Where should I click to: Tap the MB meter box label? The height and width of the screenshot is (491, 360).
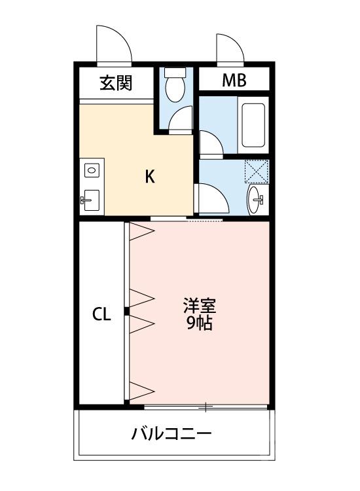pos(234,81)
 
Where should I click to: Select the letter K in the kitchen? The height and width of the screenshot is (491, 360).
pos(149,177)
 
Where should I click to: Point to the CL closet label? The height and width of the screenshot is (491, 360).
pos(101,314)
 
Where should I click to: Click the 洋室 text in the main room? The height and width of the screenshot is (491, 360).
pos(199,306)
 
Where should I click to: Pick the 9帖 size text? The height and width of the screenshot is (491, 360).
pos(199,323)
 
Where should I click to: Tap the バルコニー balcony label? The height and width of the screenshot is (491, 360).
pos(171,433)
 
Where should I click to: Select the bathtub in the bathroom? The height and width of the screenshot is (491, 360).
pos(253,124)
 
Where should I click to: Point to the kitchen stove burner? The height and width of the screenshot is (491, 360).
pos(90,170)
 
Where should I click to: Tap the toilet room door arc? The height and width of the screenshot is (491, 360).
pos(181,121)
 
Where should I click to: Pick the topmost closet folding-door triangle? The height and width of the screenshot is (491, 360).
pos(141,231)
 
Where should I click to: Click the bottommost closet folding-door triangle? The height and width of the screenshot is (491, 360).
pos(141,391)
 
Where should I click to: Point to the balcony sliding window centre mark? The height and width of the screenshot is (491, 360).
pos(206,408)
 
